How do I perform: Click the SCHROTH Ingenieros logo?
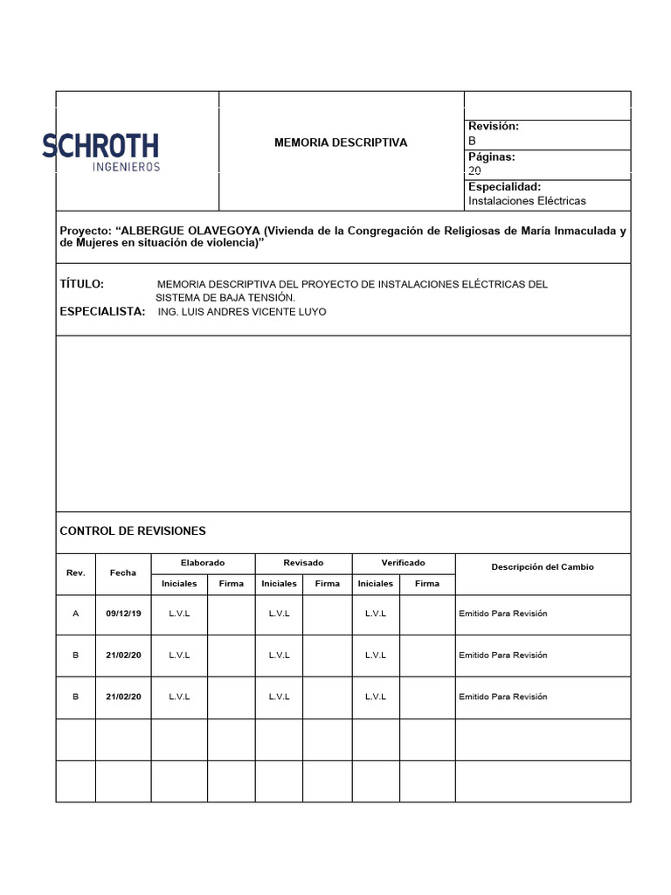[x=100, y=151]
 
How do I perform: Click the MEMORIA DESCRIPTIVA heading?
[x=341, y=142]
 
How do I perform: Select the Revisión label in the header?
[x=494, y=127]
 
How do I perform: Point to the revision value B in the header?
[x=473, y=141]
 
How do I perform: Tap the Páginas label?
[x=492, y=157]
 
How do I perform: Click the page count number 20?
[x=474, y=171]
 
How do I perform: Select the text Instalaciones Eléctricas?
[x=527, y=201]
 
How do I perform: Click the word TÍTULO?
[x=82, y=284]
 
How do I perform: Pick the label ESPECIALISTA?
[x=102, y=311]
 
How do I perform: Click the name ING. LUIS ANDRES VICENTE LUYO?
[x=241, y=312]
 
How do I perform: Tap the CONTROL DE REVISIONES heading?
[x=133, y=531]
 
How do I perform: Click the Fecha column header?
[x=123, y=573]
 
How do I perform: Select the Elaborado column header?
[x=203, y=563]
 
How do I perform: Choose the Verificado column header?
[x=403, y=563]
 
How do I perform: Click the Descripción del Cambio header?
[x=542, y=567]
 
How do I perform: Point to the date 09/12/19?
[x=123, y=614]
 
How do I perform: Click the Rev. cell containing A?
[x=76, y=614]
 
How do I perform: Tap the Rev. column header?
[x=76, y=573]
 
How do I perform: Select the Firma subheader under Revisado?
[x=328, y=584]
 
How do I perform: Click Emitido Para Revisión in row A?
[x=503, y=614]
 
